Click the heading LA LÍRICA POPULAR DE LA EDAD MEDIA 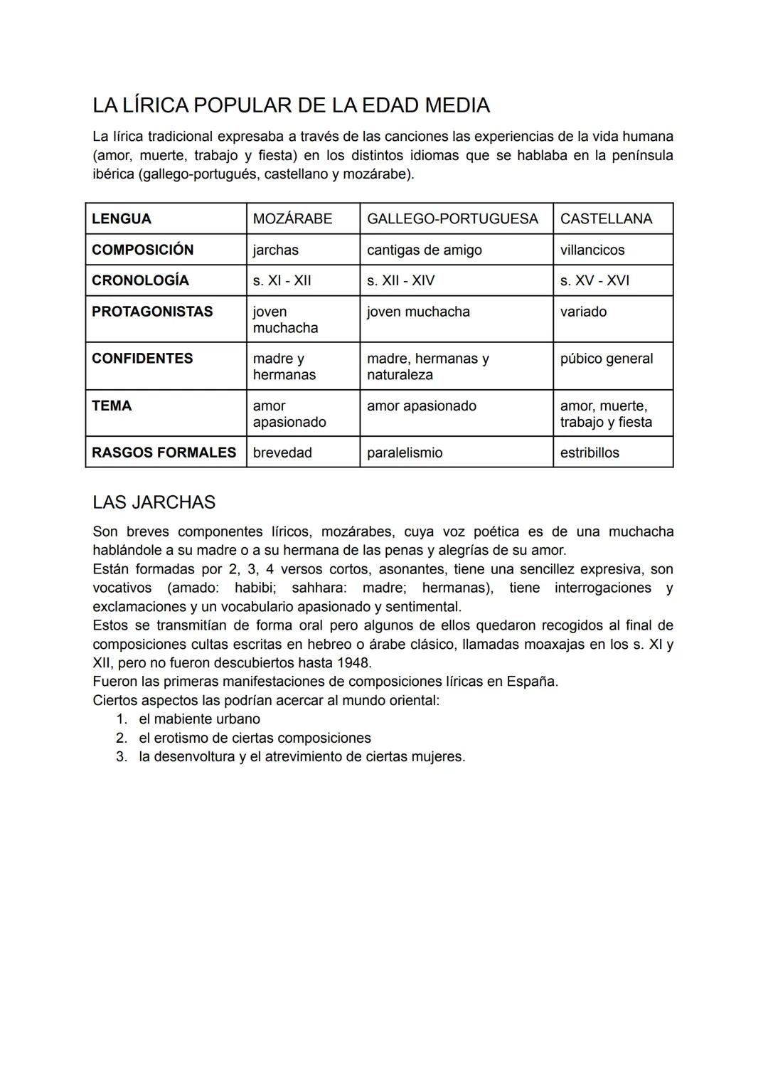click(x=291, y=105)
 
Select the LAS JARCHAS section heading click(x=154, y=502)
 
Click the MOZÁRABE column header click(x=292, y=219)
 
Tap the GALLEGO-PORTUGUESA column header click(x=452, y=219)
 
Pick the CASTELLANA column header click(x=606, y=219)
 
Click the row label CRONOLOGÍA click(x=140, y=281)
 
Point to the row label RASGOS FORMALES click(x=164, y=452)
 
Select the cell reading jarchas click(x=276, y=250)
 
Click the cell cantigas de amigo click(x=424, y=250)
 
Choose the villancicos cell click(x=592, y=250)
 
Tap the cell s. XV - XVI click(x=594, y=281)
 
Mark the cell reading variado click(x=583, y=312)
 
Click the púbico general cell click(x=606, y=359)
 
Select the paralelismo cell click(x=404, y=453)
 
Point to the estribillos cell click(x=590, y=453)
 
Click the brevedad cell click(x=282, y=453)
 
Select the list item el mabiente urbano click(x=199, y=719)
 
